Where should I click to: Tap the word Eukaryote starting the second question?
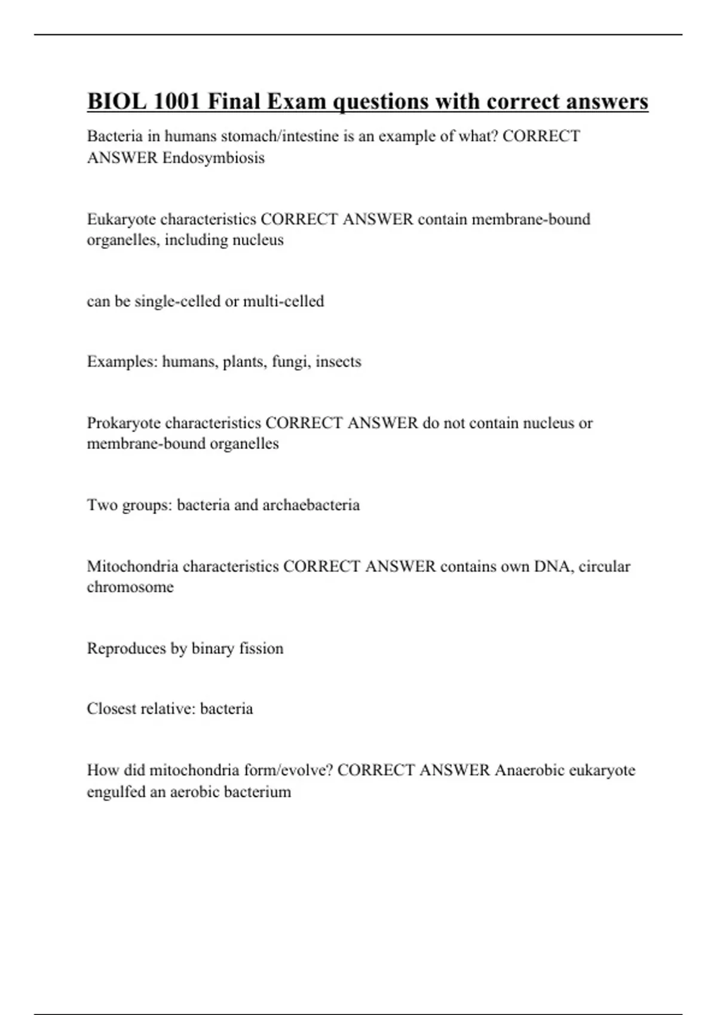(x=121, y=219)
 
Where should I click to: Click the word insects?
(x=338, y=362)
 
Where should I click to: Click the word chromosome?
(x=130, y=587)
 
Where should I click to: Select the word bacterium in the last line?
(x=258, y=792)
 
